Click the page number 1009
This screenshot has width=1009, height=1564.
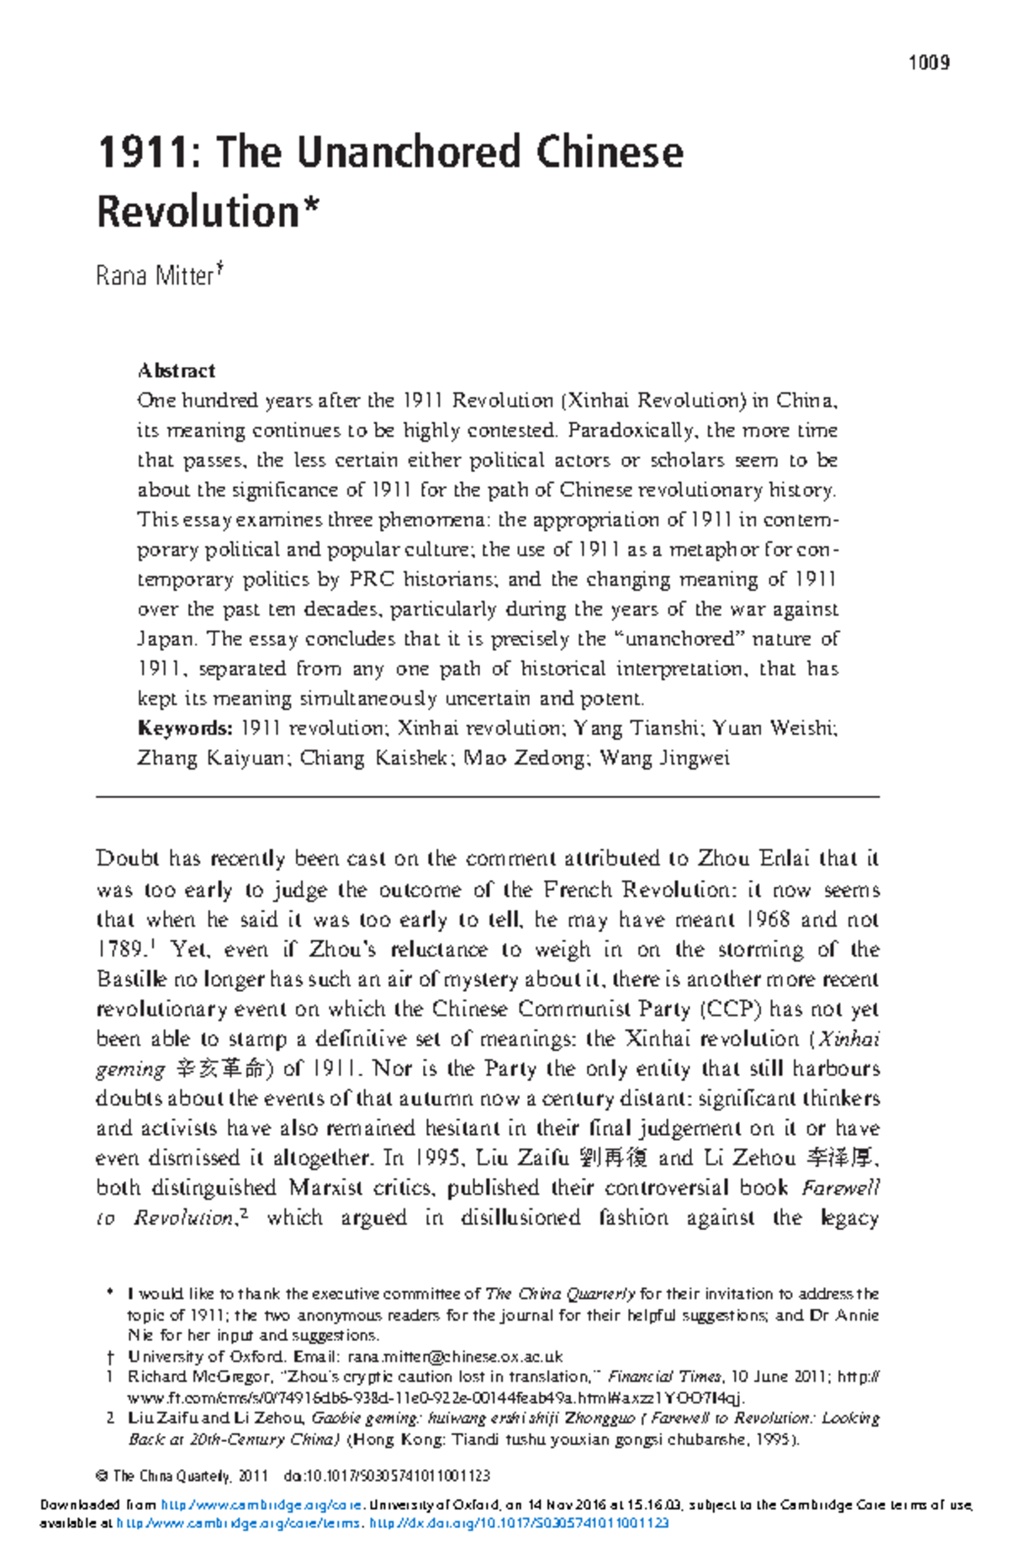click(928, 62)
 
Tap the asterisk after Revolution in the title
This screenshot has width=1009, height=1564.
click(311, 204)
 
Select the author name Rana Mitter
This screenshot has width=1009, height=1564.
click(155, 276)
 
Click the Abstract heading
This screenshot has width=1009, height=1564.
click(176, 370)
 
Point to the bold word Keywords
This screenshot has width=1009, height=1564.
click(184, 728)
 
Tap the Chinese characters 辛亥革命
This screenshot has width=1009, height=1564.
click(224, 1068)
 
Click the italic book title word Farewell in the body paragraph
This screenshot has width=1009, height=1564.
click(840, 1188)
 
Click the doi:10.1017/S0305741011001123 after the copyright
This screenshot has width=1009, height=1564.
click(387, 1477)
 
